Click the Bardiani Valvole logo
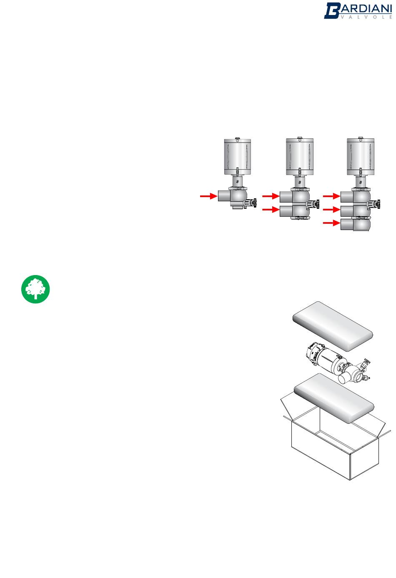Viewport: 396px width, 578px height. coord(358,11)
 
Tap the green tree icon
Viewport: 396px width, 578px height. coord(35,289)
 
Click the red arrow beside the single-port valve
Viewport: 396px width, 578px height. coord(208,196)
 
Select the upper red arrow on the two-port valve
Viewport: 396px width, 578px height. coord(271,196)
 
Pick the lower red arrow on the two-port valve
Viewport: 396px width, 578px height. coord(271,210)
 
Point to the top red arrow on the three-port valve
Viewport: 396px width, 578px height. coord(331,196)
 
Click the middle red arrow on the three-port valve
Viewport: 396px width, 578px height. coord(331,210)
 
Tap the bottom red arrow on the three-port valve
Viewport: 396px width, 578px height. coord(331,223)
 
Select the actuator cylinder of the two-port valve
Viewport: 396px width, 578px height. coord(300,157)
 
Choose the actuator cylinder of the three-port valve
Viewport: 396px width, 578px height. coord(361,157)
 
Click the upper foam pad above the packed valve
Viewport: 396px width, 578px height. coord(333,326)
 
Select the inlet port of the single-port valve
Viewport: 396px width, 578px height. coord(224,196)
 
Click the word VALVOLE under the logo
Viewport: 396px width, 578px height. coord(366,17)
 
